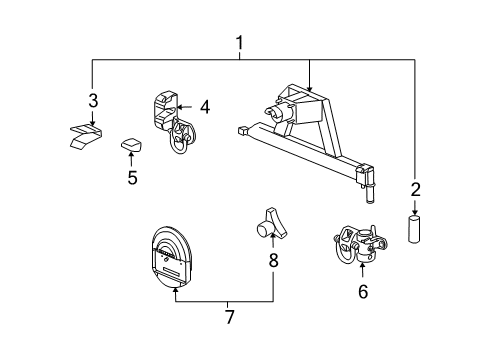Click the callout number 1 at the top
tap(239, 43)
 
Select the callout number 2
tap(416, 187)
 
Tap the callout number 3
tap(92, 101)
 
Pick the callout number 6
tap(362, 291)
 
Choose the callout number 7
tap(230, 317)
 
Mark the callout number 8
tap(273, 262)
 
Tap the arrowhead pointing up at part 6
tap(362, 268)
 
